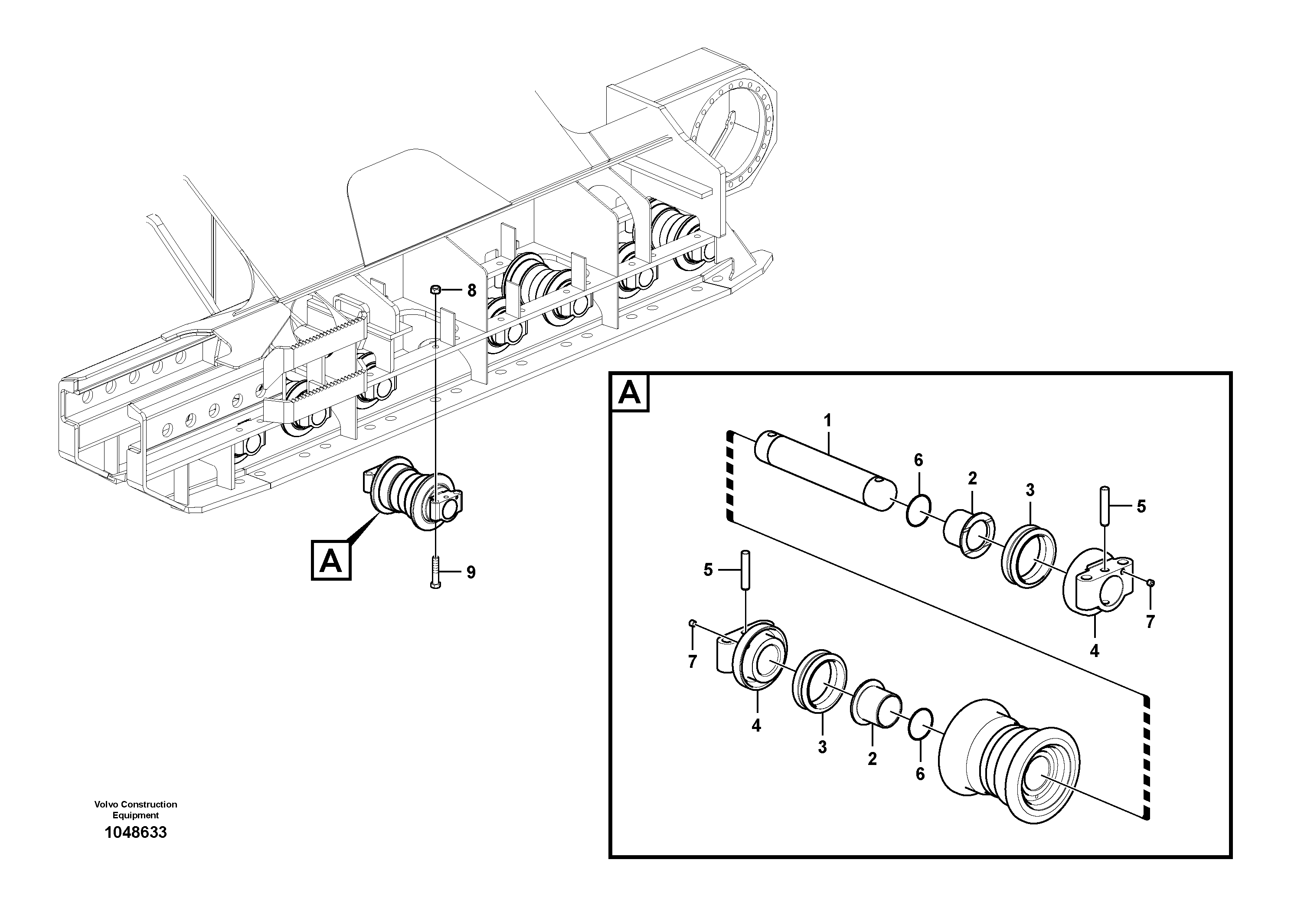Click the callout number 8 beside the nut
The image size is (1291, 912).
click(x=471, y=291)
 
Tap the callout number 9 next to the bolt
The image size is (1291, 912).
click(x=471, y=572)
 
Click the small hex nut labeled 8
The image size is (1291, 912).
click(x=435, y=290)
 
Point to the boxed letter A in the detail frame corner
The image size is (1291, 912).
click(x=629, y=392)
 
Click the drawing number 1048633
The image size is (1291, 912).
click(x=135, y=833)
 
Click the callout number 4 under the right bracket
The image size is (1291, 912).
click(x=1094, y=650)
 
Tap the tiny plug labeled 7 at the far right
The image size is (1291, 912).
click(x=1150, y=583)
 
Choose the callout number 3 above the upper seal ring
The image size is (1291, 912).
click(x=1030, y=490)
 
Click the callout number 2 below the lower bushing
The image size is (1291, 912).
click(x=872, y=759)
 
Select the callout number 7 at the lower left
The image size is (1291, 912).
click(x=692, y=662)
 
